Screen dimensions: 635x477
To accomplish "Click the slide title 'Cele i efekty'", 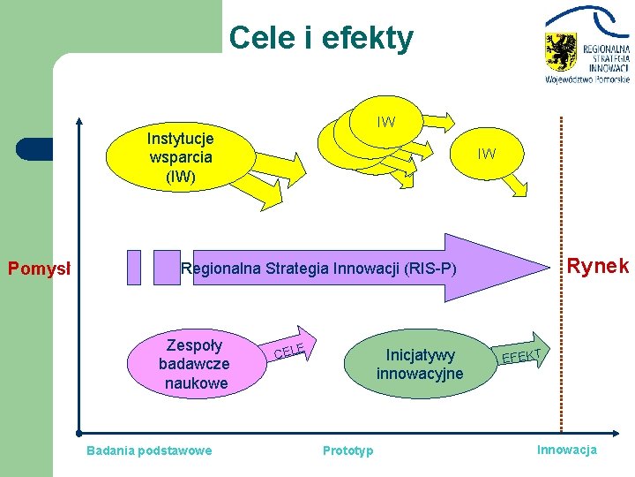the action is [x=320, y=38].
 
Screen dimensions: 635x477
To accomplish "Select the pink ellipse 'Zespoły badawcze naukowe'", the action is [x=193, y=364].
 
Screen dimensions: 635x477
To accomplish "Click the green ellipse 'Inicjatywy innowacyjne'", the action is [x=415, y=364].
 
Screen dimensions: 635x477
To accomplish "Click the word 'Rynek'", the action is [x=597, y=266].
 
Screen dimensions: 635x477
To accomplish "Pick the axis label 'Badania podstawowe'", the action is [x=149, y=450].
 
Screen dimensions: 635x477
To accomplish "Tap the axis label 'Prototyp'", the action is [x=347, y=450].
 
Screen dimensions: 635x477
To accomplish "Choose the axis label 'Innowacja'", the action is [x=567, y=450].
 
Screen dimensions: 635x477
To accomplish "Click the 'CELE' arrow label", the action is [x=289, y=351].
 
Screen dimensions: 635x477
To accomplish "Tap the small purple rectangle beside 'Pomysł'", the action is [x=133, y=267].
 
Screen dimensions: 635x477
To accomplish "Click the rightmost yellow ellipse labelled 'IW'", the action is [x=486, y=154].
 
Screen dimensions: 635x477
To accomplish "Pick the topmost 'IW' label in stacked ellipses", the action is [x=385, y=122].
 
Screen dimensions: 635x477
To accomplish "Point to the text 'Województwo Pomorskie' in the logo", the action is [x=587, y=79].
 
